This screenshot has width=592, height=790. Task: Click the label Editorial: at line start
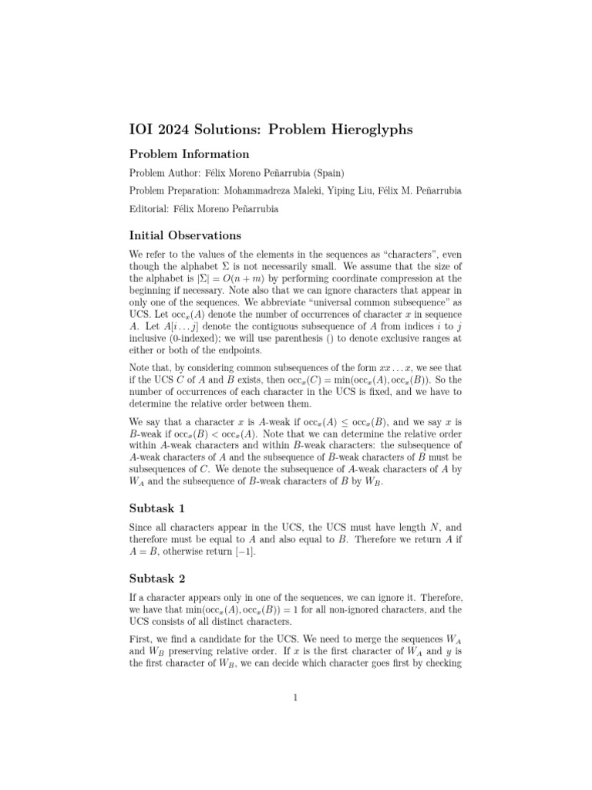click(150, 208)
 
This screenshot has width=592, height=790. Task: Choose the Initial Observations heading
click(185, 235)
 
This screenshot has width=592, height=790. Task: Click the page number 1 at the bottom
click(295, 698)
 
